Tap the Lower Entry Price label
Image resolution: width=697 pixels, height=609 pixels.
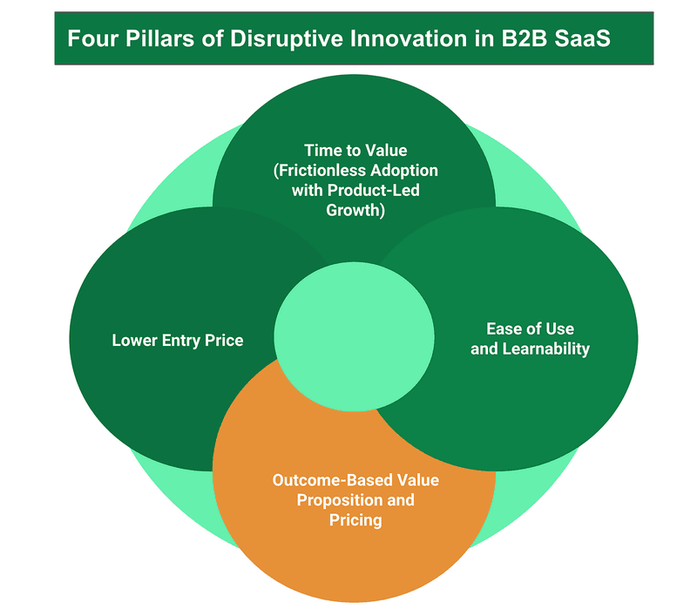coord(178,340)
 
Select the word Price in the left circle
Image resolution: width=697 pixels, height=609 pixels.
coord(225,340)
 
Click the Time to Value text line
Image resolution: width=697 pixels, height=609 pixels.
coord(355,150)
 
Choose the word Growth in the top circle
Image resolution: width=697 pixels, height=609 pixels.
coord(355,210)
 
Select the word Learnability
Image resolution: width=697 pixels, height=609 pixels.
coord(550,349)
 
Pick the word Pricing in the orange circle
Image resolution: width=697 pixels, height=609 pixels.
coord(355,520)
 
